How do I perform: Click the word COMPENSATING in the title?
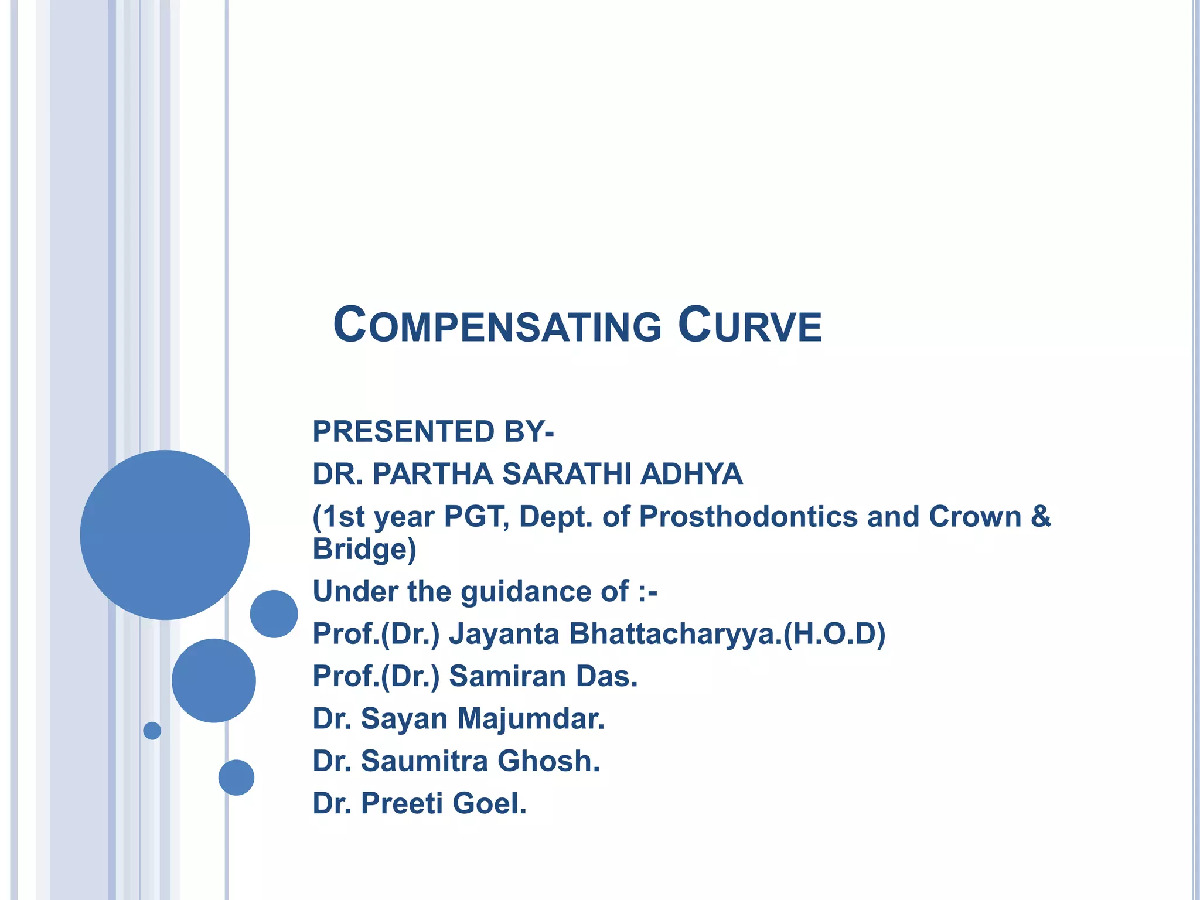tap(497, 326)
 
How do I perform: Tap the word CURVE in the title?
tap(750, 326)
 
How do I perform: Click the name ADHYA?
tap(691, 474)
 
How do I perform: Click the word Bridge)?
tap(364, 550)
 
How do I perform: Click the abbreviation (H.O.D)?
tap(834, 634)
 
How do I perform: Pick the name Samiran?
tap(507, 676)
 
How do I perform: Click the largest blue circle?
tap(165, 534)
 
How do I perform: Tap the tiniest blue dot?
tap(152, 731)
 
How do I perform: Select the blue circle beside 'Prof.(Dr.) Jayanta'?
tap(274, 613)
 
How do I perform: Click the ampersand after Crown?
tap(1041, 517)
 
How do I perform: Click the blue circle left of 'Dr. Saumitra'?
tap(236, 778)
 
